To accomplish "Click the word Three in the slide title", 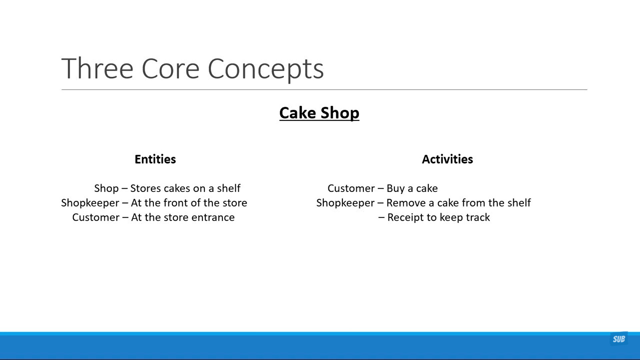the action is (97, 68).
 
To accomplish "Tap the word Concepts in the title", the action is (266, 69).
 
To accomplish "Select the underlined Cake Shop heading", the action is (319, 113).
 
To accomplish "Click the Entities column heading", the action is (155, 159).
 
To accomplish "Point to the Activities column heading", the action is (447, 159).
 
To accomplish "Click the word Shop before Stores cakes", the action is (106, 189).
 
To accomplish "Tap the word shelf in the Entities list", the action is (229, 188).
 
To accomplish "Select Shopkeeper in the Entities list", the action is (90, 203).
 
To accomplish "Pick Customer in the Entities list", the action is (96, 217).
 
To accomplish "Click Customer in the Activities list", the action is (351, 188).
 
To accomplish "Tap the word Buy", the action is (396, 189).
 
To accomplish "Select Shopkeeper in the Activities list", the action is (345, 203).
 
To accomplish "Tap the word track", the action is (478, 217).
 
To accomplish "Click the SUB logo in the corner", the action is (619, 339).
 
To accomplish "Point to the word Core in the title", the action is (170, 69).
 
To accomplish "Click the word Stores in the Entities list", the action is (146, 188).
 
